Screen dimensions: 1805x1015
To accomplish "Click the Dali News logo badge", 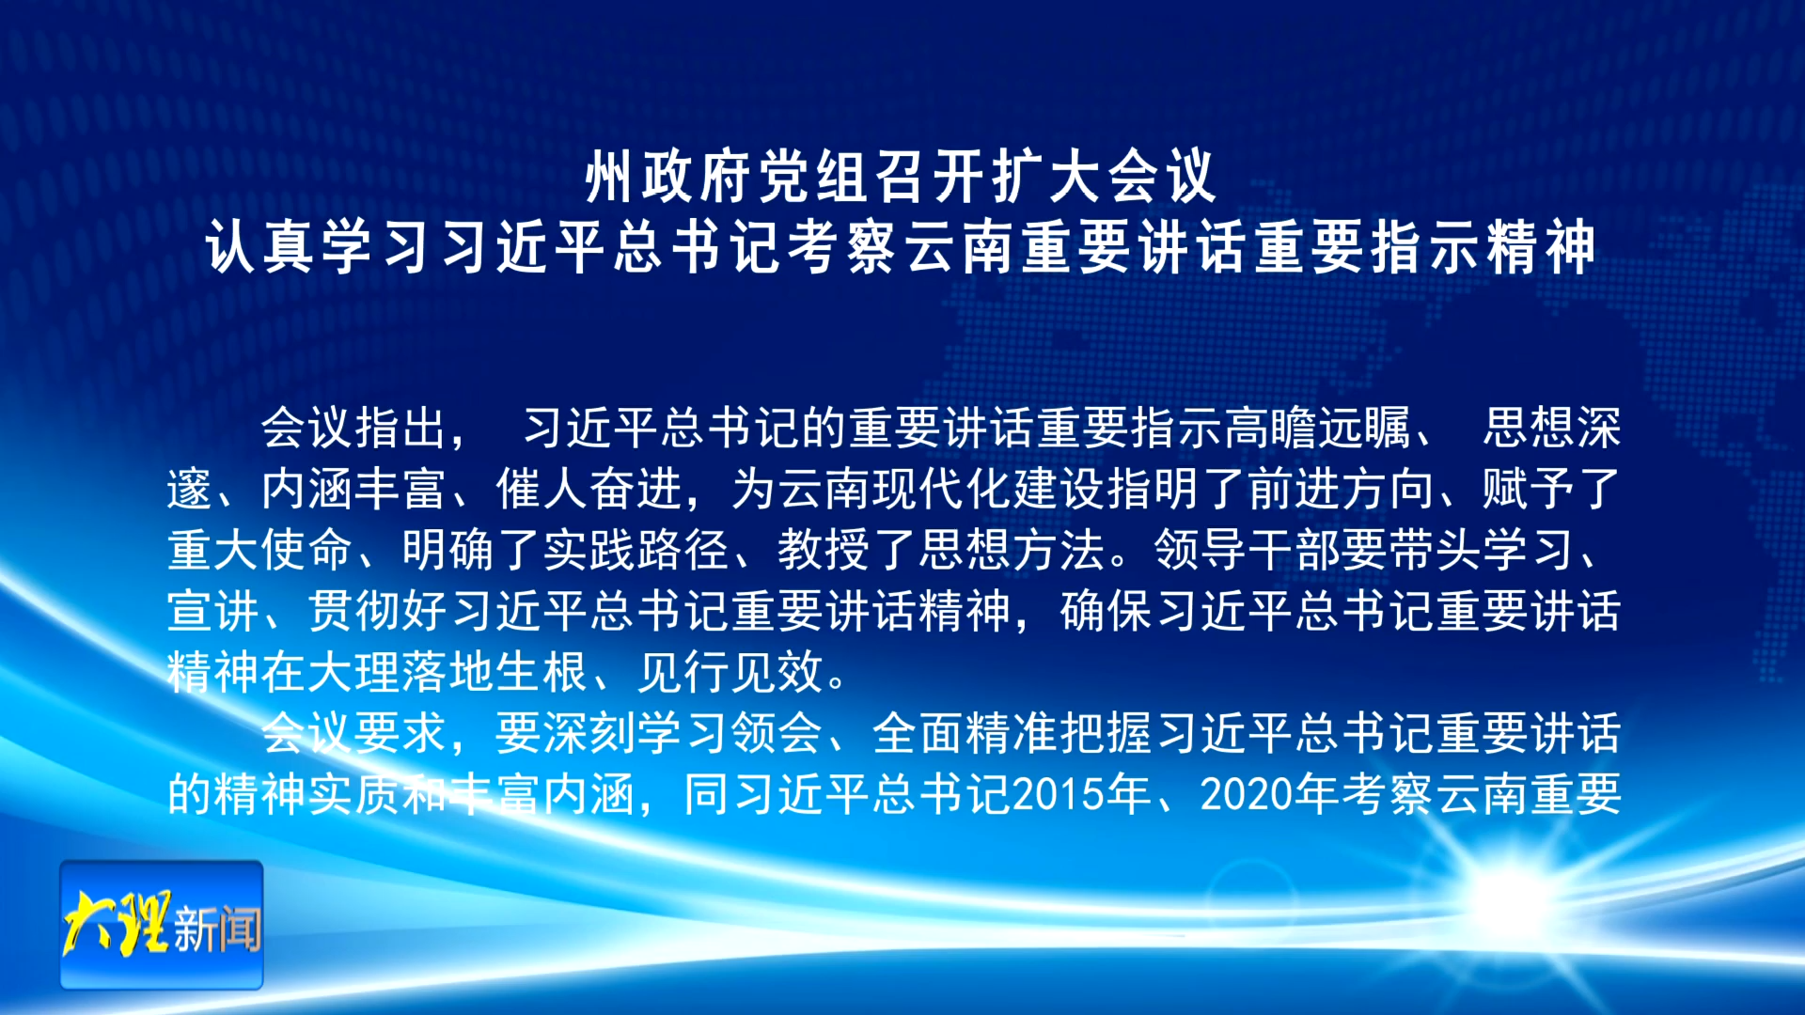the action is click(x=162, y=925).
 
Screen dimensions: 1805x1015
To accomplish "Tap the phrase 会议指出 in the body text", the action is click(x=353, y=428).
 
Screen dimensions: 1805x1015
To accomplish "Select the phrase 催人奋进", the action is click(x=589, y=489).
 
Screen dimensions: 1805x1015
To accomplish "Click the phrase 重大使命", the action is click(x=259, y=550).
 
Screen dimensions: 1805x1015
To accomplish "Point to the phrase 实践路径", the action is click(x=636, y=550).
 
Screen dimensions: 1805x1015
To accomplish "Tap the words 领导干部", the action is click(x=1247, y=550).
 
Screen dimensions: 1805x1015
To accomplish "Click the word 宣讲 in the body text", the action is click(x=213, y=611).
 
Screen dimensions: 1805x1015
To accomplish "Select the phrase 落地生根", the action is click(x=494, y=672).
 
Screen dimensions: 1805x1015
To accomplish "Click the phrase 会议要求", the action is click(x=353, y=733).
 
